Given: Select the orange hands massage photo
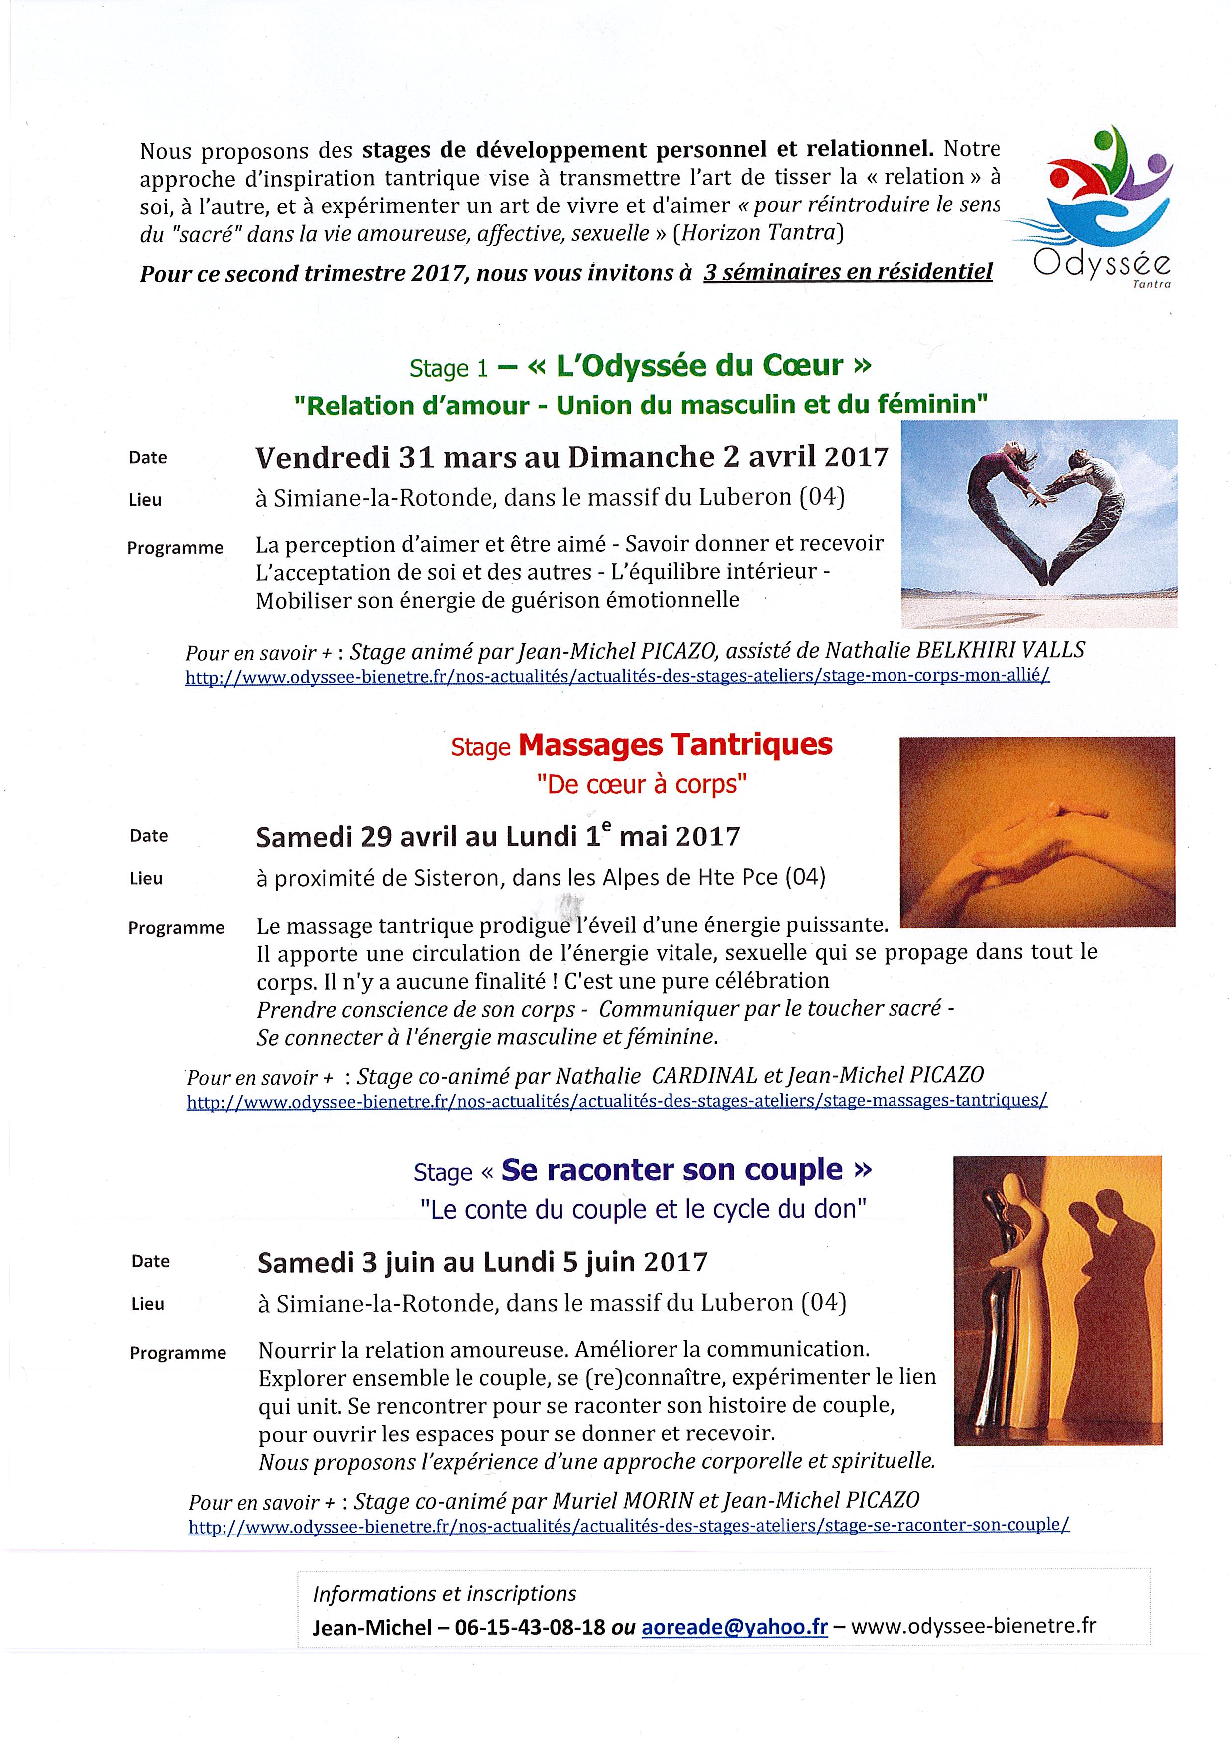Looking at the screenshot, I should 1037,831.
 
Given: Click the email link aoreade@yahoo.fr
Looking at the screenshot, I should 734,1627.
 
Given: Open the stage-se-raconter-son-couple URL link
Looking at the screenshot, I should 628,1526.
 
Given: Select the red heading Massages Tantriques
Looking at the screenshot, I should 674,745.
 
